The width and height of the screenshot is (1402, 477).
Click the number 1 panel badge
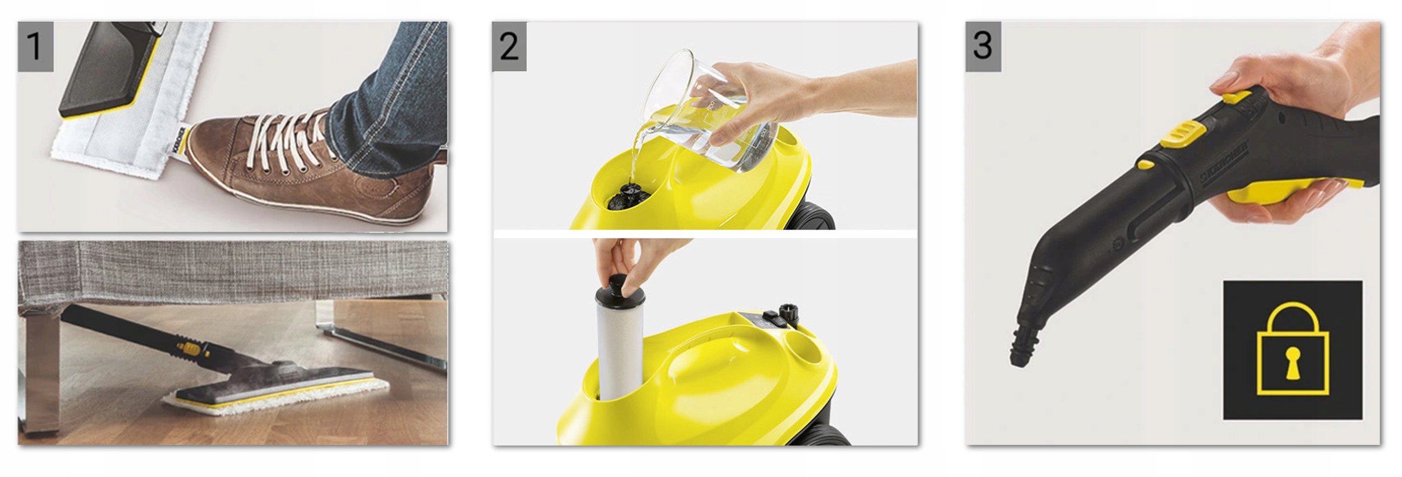pyautogui.click(x=35, y=47)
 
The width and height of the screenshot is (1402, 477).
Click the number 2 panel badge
pyautogui.click(x=509, y=47)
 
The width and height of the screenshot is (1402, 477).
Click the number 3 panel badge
pyautogui.click(x=983, y=47)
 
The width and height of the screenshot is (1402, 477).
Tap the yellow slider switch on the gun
pyautogui.click(x=1184, y=135)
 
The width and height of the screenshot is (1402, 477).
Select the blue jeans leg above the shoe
pyautogui.click(x=387, y=95)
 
